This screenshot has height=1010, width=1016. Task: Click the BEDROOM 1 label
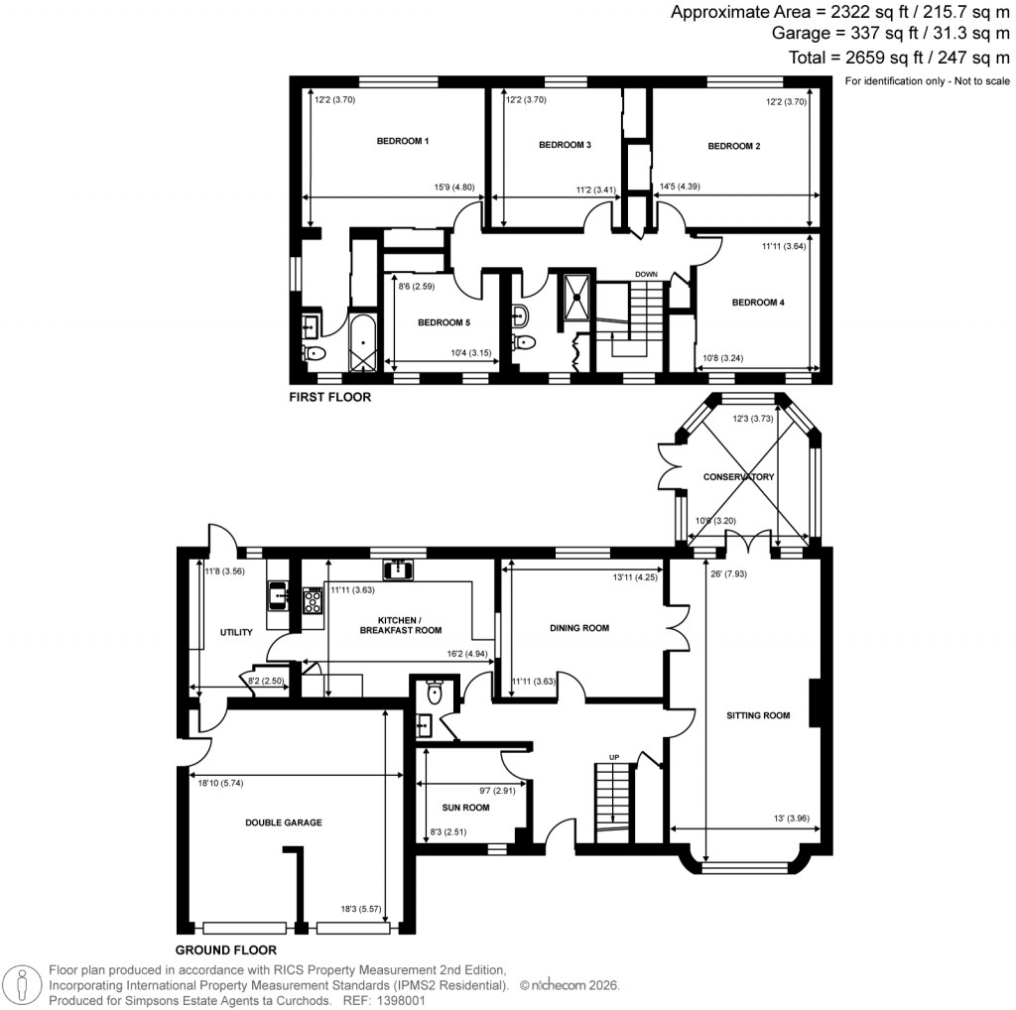coord(402,142)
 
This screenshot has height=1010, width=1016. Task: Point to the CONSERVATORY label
coord(738,477)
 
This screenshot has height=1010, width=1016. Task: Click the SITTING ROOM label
coord(757,714)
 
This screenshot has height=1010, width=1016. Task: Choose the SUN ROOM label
coord(466,808)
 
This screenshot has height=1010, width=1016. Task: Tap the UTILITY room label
coord(236,632)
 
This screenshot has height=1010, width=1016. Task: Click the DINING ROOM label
coord(579,628)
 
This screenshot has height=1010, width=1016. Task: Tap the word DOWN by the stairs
coord(647,274)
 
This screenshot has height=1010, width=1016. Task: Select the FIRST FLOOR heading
coord(329,398)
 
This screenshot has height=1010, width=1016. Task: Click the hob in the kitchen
coord(314,599)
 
